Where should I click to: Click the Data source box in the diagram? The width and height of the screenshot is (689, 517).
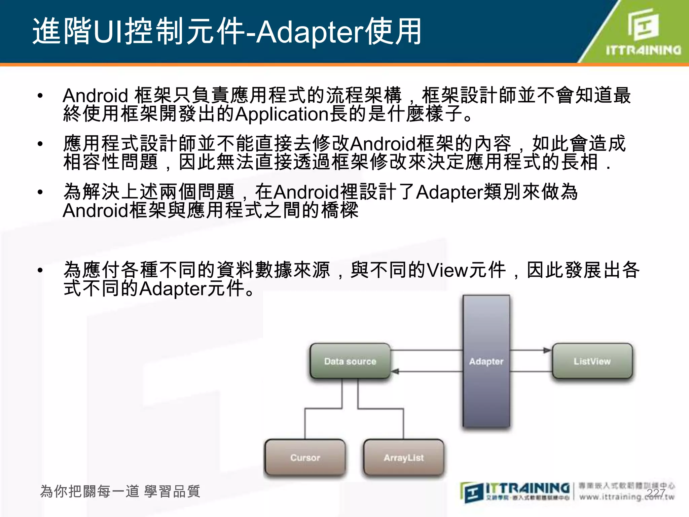coord(350,361)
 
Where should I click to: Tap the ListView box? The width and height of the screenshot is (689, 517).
coord(592,361)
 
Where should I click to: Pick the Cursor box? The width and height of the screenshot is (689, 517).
coord(305,457)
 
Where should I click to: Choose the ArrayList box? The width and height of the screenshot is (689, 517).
coord(404,457)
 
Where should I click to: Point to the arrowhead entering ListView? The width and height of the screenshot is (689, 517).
coord(547,350)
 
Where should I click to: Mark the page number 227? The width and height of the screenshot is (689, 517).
coord(656,493)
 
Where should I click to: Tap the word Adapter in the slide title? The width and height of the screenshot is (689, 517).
coord(310,32)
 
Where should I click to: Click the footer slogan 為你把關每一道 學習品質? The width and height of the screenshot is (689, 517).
coord(120,491)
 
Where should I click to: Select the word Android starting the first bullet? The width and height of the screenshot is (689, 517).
coord(95,96)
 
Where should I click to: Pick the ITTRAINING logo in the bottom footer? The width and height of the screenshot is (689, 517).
coord(515,491)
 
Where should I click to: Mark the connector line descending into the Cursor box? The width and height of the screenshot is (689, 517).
coord(305,424)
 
